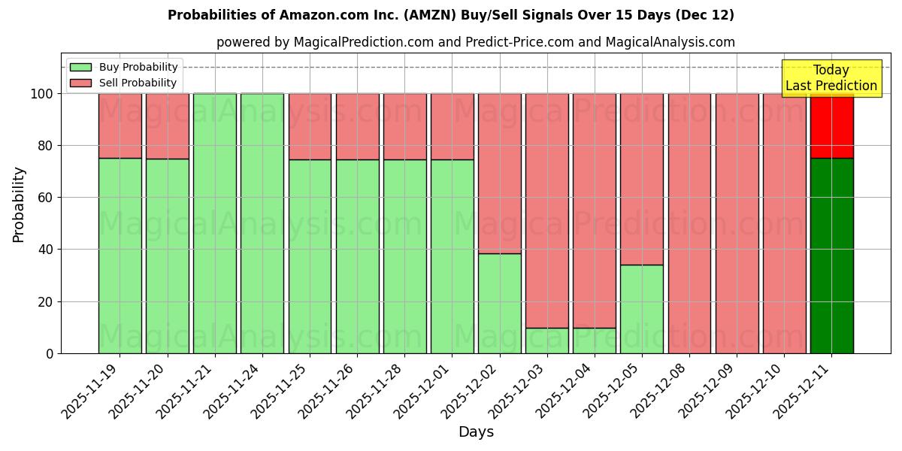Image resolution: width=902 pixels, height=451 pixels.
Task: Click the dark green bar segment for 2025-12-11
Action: tap(831, 256)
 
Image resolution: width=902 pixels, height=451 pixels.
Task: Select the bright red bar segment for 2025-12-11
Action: tap(831, 126)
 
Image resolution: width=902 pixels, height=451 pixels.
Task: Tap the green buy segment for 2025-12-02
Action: tap(499, 303)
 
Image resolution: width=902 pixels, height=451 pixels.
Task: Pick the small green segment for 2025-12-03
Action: tap(547, 341)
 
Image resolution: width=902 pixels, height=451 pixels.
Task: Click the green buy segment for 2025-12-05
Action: tap(642, 309)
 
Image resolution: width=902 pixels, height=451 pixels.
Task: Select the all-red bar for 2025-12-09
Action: tap(737, 223)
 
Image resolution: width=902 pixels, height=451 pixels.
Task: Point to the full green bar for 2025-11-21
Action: tap(215, 223)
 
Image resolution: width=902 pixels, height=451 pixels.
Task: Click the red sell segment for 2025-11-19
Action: tap(120, 126)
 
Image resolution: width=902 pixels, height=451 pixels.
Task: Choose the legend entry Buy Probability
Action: tap(124, 67)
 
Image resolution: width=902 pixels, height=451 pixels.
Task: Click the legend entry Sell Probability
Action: tap(124, 83)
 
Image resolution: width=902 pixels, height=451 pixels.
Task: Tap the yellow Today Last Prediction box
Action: tap(831, 78)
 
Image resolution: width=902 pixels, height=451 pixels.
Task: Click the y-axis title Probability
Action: tap(19, 204)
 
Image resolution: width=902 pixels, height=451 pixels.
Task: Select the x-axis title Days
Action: tap(476, 432)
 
